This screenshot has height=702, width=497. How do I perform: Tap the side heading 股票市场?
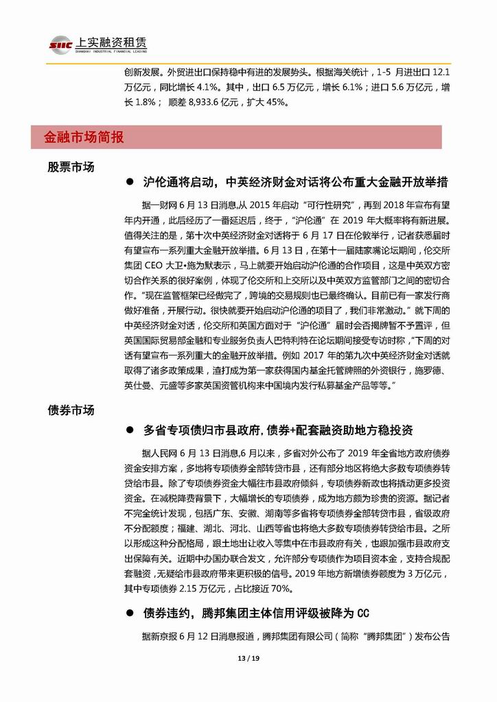point(71,167)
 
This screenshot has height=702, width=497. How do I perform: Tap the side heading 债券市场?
point(71,410)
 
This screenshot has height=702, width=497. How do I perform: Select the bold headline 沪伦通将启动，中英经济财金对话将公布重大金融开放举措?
point(296,183)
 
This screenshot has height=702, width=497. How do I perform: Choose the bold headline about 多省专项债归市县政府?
point(278,430)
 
